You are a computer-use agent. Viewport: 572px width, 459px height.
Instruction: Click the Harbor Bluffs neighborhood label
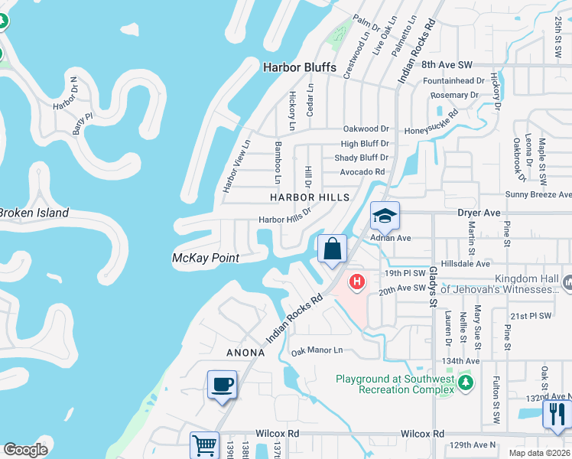pos(299,67)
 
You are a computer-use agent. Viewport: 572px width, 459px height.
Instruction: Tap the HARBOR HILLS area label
pos(310,197)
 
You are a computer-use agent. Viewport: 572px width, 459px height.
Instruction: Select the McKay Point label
pos(205,258)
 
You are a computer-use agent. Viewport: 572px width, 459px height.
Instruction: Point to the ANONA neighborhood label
pos(245,353)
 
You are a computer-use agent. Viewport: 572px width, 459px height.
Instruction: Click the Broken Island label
pos(34,213)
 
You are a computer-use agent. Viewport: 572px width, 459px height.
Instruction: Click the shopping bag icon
pos(333,249)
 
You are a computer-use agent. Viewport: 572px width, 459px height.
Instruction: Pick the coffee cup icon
pos(222,384)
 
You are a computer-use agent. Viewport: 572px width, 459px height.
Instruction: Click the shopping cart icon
pos(204,445)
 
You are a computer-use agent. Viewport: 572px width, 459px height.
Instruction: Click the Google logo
pos(25,450)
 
